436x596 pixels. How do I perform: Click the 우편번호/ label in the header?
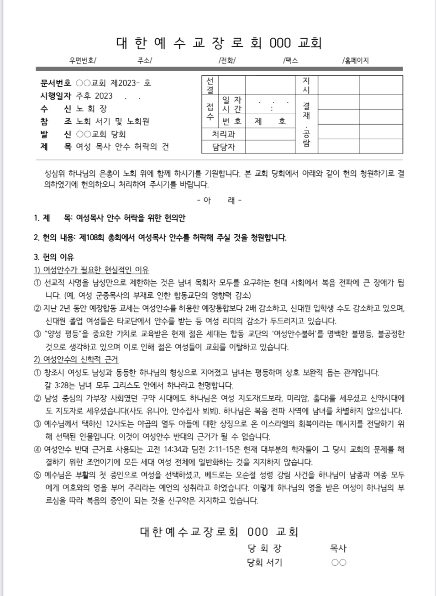83,60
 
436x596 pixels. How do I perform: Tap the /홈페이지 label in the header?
355,60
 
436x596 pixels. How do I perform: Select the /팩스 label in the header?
290,60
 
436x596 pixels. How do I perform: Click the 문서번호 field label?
56,83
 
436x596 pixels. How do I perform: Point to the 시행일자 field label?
56,96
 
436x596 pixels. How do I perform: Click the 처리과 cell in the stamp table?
223,134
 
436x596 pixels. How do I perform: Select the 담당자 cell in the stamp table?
223,147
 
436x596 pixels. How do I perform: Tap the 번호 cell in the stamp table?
231,121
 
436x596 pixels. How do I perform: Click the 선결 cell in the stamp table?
210,85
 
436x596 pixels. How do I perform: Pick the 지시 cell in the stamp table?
306,85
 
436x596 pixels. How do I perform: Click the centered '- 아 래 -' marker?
219,200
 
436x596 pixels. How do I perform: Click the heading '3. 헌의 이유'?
54,257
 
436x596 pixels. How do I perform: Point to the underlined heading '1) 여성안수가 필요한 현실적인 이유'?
91,270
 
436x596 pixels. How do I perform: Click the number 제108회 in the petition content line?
93,238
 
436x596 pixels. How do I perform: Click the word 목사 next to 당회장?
338,548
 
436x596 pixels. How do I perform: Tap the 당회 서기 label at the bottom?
264,563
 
